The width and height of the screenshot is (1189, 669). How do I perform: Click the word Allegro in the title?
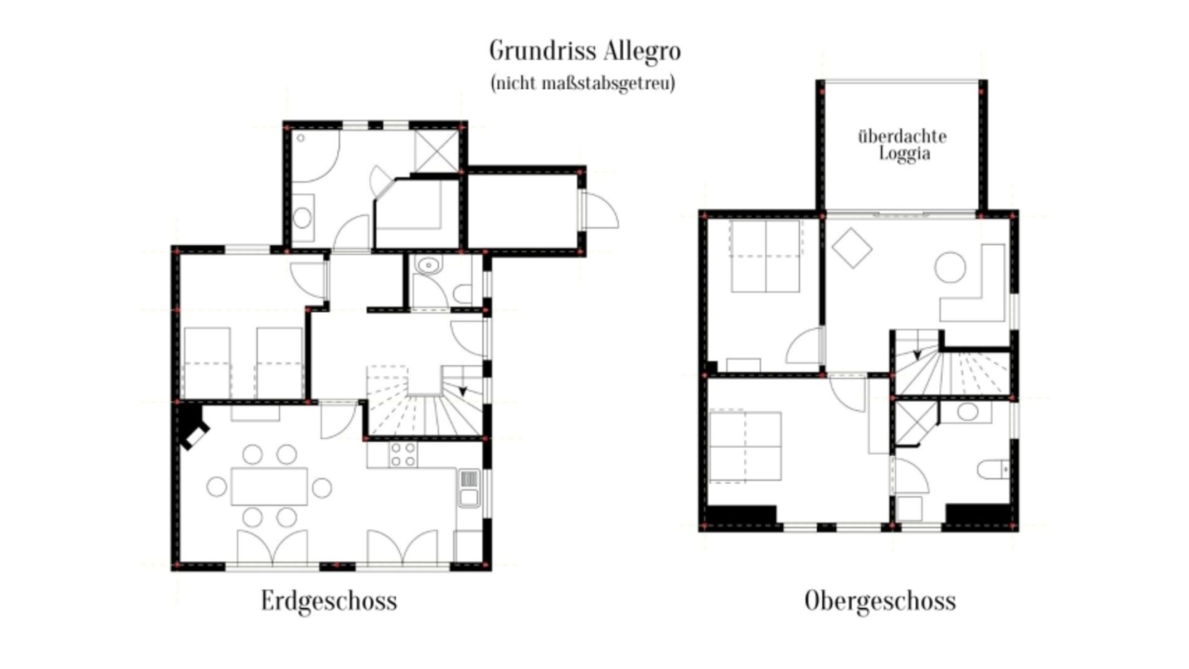632,51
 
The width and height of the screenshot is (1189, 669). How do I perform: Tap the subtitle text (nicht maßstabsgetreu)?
583,84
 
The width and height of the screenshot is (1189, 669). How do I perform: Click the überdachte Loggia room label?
902,145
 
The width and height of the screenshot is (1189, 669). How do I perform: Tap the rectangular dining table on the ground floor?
269,487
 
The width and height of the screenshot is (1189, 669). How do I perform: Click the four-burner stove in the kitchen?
403,454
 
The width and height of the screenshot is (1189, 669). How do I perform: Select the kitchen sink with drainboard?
469,488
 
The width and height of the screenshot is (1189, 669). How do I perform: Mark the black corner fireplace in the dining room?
192,426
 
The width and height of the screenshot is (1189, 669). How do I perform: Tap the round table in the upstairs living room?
950,268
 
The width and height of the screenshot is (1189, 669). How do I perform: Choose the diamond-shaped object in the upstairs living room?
852,248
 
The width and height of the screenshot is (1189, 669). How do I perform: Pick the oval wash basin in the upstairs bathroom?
968,412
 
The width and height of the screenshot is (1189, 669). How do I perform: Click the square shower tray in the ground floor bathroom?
436,151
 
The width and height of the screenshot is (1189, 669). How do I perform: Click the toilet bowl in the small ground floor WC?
463,294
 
